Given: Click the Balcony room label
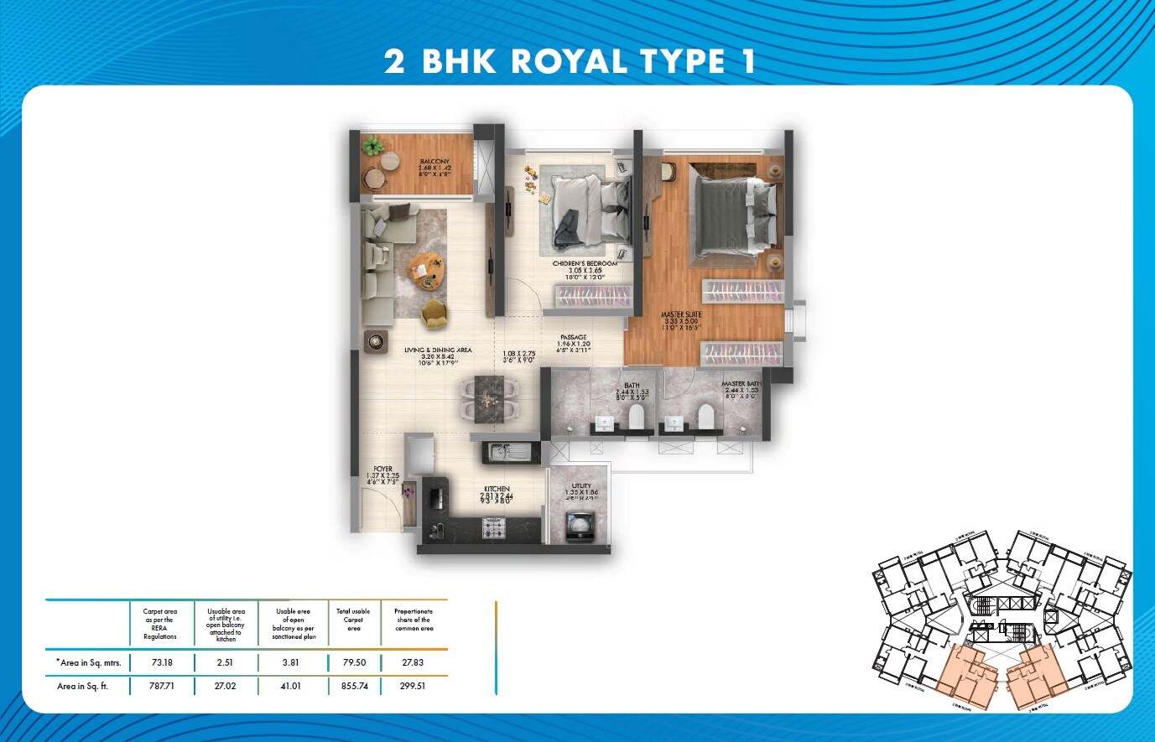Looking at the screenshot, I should click(x=434, y=162).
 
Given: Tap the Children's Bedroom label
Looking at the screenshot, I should click(x=585, y=263).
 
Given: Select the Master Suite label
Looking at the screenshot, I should click(x=681, y=314).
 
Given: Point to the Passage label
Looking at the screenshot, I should click(x=574, y=337).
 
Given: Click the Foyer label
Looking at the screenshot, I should click(x=382, y=470).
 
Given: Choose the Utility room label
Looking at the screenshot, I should click(x=581, y=485).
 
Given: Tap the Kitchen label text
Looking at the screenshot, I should click(x=496, y=489).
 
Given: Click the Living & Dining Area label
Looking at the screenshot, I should click(x=438, y=350).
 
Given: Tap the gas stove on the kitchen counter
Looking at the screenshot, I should click(x=495, y=527).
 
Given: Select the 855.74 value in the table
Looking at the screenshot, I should click(x=354, y=686).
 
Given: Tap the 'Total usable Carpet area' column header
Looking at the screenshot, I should click(x=354, y=620).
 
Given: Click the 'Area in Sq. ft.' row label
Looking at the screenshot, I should click(x=83, y=686).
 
